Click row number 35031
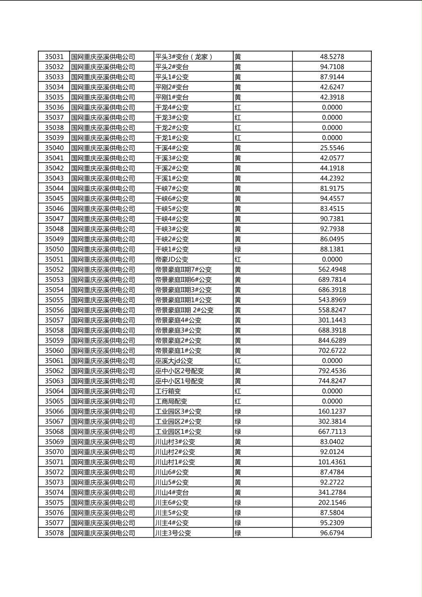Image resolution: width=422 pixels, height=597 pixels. point(54,57)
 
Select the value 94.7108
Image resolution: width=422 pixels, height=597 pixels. point(332,67)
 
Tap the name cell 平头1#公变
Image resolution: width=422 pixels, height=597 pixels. point(172,77)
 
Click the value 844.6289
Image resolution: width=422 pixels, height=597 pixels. point(332,341)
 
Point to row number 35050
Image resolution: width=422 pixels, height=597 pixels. point(54,249)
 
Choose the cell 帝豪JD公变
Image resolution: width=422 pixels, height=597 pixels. point(172,259)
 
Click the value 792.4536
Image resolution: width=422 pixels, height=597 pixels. point(332,371)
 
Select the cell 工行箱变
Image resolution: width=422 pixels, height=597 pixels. point(168,391)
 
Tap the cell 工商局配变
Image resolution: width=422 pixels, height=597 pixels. point(171,401)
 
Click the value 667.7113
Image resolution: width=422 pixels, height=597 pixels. point(332,431)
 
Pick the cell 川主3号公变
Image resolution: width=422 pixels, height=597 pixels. point(173,533)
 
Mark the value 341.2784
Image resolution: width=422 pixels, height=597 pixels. point(332,492)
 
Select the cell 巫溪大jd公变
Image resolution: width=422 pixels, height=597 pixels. point(174,361)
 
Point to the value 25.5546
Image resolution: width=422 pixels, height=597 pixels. point(332,148)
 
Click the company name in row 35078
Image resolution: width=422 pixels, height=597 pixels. point(103,533)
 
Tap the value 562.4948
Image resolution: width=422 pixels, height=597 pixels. point(332,270)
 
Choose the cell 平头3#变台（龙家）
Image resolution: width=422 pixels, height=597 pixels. point(184,57)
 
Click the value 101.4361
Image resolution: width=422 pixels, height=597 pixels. point(332,462)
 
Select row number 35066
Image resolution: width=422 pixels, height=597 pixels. point(54,412)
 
